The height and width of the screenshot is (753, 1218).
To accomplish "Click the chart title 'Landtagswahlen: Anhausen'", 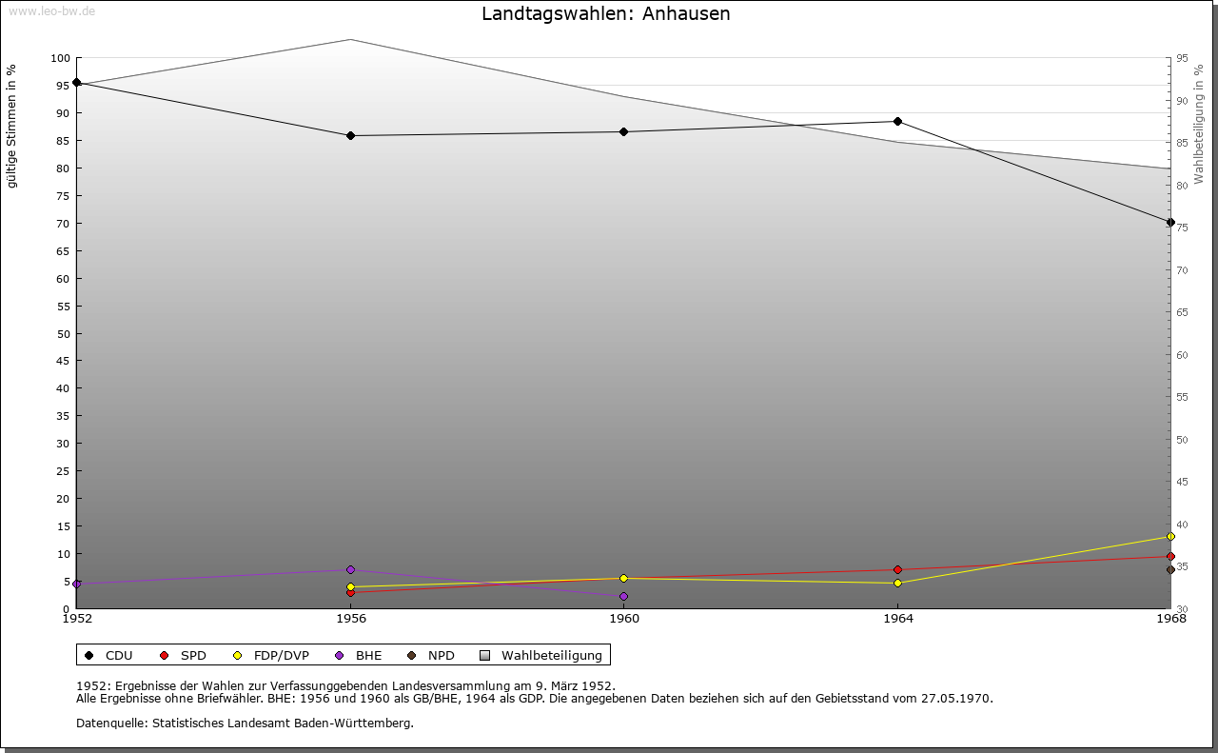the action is pos(606,14).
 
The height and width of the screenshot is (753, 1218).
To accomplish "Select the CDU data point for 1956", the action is pos(351,135).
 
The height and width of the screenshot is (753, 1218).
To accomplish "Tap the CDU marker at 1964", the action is pos(897,121).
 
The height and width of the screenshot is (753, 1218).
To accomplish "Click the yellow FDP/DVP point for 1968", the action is pos(1170,537).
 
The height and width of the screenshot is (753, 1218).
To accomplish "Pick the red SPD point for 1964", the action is pos(897,569).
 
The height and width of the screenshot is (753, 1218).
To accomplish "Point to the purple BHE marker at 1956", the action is pos(351,569).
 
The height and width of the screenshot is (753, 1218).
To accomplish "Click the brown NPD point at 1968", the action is pos(1170,569).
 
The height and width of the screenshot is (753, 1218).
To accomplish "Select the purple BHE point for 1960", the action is pos(623,596).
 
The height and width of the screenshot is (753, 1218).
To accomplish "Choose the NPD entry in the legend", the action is pos(431,656).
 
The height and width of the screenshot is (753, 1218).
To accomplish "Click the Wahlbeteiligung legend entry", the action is pos(541,656).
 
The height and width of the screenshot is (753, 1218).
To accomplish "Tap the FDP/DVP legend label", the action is pos(281,656).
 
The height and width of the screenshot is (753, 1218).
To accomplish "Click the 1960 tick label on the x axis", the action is pos(624,619).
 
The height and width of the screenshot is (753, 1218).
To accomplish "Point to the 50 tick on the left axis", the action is pos(63,334).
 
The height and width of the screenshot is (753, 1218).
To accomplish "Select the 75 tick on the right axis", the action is pos(1182,228).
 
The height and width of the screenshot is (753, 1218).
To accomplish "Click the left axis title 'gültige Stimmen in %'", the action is pos(11,127).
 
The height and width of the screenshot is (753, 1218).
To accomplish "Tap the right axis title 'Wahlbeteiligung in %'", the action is pos(1199,125).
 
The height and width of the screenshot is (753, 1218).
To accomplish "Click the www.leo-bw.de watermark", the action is pos(51,10).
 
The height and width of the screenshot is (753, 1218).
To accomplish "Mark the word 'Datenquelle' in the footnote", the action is pos(111,723).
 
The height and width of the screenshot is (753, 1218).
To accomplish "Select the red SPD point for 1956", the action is pos(351,592).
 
